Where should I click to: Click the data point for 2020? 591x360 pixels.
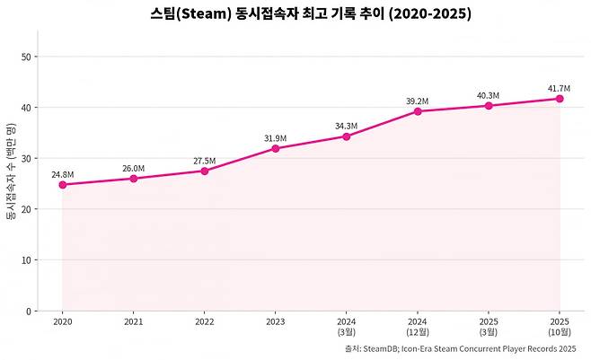(63, 185)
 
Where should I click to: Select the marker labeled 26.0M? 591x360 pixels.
(134, 179)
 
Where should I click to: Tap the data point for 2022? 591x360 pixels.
(205, 171)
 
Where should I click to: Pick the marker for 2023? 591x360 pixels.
(276, 148)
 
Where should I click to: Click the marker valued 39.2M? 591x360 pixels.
(418, 111)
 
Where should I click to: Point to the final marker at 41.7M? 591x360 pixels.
(560, 99)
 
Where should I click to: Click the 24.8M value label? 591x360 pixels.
(63, 173)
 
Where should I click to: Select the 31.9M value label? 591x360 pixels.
(276, 137)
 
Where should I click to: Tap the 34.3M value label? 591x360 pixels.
(347, 126)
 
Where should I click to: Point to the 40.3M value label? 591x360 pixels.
(489, 95)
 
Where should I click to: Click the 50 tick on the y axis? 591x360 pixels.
(26, 57)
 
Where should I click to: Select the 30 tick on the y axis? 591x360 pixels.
(26, 159)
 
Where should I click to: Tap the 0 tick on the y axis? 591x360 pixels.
(29, 312)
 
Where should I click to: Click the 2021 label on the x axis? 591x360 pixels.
(134, 320)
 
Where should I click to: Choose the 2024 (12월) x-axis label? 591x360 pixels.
(418, 325)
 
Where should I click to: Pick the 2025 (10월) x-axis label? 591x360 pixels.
(560, 325)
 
